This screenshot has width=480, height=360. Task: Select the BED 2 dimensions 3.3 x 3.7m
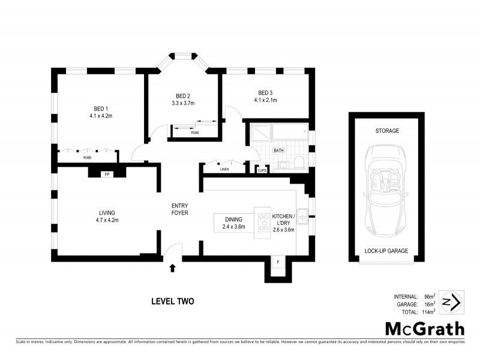183,103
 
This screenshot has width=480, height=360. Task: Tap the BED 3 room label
265,92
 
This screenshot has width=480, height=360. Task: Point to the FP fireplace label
107,174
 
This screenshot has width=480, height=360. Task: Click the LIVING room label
107,212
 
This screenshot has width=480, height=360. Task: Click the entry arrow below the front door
173,268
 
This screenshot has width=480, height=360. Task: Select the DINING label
234,220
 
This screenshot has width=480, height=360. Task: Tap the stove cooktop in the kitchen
263,223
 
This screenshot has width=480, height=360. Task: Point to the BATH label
278,151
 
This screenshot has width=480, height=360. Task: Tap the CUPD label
262,170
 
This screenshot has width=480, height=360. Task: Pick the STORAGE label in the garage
387,131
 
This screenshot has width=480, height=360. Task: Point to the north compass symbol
451,302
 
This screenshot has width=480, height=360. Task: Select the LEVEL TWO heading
172,301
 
